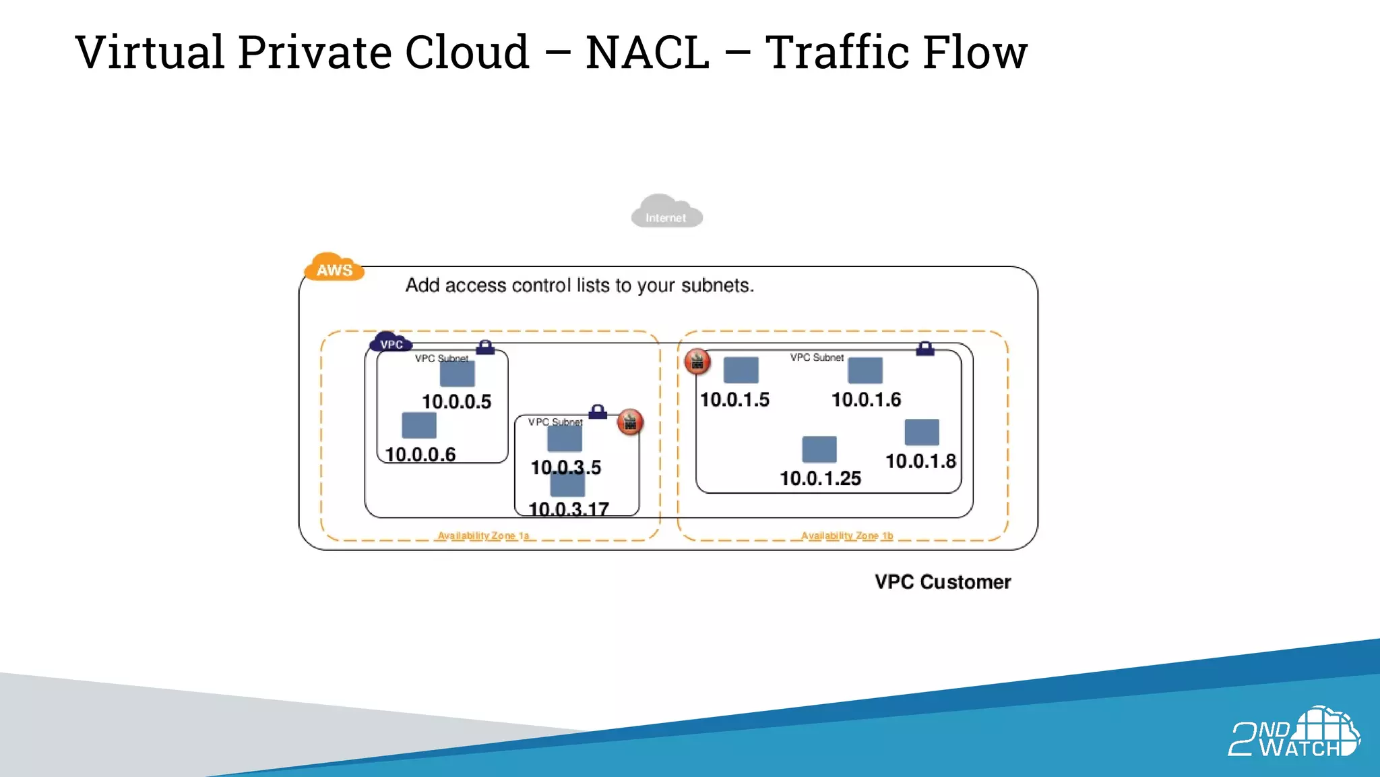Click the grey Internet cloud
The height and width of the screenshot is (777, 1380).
tap(666, 212)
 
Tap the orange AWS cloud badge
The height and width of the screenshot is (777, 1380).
tap(334, 268)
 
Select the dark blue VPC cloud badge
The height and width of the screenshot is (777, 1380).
tap(390, 343)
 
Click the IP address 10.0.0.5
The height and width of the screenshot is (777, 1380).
tap(456, 402)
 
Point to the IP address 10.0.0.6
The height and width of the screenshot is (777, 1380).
tap(420, 455)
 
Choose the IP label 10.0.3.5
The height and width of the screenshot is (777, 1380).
tap(565, 467)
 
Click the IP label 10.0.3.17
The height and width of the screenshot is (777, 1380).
tap(568, 509)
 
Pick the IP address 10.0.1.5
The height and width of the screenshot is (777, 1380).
tap(734, 400)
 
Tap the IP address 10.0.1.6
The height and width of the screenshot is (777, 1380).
tap(866, 400)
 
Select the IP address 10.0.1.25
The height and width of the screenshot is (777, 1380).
tap(820, 478)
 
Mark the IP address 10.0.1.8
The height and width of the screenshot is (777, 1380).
tap(920, 461)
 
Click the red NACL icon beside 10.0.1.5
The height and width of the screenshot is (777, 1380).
tap(697, 362)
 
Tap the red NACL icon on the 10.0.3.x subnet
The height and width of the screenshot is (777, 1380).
tap(630, 423)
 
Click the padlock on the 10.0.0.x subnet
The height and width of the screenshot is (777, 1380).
tap(485, 347)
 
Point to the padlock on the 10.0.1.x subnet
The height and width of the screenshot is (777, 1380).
tap(925, 348)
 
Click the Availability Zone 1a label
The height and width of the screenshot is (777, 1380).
tap(483, 536)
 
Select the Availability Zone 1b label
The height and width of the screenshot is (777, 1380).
tap(847, 536)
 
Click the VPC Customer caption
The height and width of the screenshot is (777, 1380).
tap(942, 582)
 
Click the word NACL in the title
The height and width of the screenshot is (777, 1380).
tap(647, 52)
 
